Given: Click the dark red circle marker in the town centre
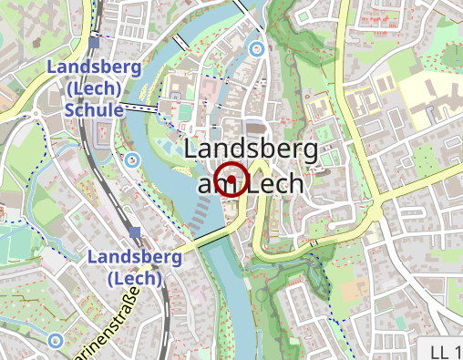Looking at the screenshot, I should [x=232, y=180].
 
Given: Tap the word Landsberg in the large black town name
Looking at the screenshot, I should [x=251, y=150].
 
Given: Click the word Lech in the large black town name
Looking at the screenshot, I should [x=275, y=185].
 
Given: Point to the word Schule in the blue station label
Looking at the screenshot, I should [x=94, y=109].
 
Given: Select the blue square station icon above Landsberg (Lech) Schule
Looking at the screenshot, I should [x=95, y=42].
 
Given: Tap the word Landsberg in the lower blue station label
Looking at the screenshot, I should [x=134, y=257].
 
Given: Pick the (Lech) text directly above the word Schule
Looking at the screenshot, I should [x=94, y=88].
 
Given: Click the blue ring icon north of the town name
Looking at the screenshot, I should [x=257, y=49].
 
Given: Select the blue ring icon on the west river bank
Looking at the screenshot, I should [x=133, y=160].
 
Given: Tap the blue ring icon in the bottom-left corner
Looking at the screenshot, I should [x=55, y=341].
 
